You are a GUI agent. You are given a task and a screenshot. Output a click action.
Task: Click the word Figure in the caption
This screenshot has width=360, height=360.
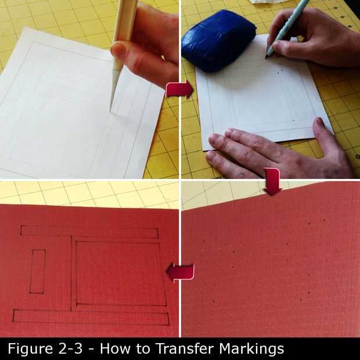(x=30, y=349)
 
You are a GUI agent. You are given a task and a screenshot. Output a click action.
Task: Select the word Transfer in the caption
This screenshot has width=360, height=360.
(x=185, y=348)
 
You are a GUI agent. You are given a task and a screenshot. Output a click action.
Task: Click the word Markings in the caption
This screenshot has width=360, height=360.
(x=251, y=349)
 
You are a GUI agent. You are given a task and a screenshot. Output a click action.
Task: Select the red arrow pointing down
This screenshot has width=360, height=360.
(x=272, y=181)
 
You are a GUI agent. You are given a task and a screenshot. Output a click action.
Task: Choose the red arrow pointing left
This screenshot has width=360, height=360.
(x=180, y=272)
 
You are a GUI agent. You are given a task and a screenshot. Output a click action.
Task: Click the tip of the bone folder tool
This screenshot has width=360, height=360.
(x=111, y=111)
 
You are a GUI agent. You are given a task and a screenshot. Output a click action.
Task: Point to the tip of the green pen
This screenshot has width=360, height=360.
(x=267, y=57)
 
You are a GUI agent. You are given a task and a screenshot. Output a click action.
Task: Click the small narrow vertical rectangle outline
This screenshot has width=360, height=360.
(x=37, y=271)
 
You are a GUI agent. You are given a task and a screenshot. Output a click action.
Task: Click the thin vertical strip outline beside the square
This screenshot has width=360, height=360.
(x=71, y=273)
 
